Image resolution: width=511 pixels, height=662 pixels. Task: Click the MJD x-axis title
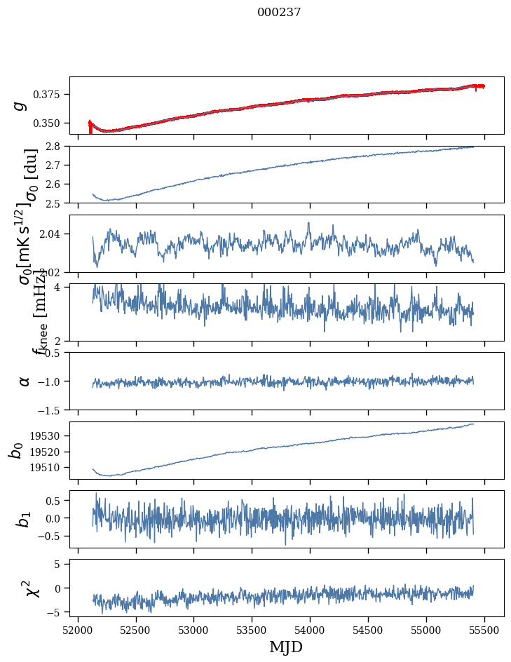(286, 647)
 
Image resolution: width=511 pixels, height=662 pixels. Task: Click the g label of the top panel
(20, 105)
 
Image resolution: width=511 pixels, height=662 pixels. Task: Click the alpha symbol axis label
(25, 381)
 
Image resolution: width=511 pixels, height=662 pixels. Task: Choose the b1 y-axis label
(24, 519)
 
